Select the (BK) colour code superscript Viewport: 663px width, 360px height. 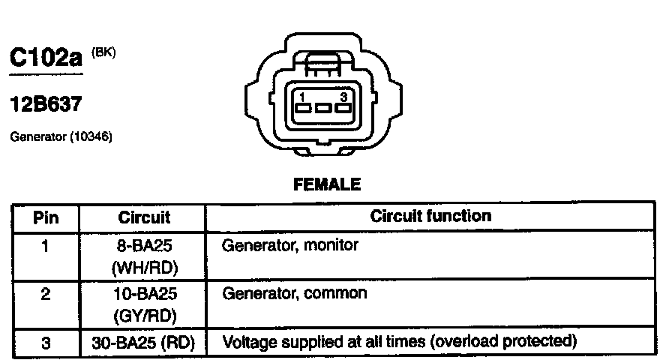click(103, 52)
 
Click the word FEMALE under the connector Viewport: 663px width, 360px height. click(326, 184)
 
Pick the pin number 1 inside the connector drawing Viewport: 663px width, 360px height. click(301, 97)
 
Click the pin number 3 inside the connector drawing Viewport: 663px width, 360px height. click(343, 97)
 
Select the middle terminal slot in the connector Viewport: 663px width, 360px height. click(323, 109)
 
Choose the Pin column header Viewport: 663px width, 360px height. click(45, 217)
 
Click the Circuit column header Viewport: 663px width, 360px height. click(144, 217)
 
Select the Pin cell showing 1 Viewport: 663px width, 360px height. click(45, 244)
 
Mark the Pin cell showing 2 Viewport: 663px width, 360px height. click(45, 293)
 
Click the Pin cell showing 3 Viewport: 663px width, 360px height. click(45, 343)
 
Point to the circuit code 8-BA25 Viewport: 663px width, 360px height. click(144, 244)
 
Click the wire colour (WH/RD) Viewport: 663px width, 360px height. click(144, 267)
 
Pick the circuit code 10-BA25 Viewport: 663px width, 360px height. click(144, 293)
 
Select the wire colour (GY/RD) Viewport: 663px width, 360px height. click(144, 316)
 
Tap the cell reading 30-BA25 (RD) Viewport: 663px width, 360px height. click(144, 343)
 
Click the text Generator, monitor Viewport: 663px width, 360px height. click(290, 244)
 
